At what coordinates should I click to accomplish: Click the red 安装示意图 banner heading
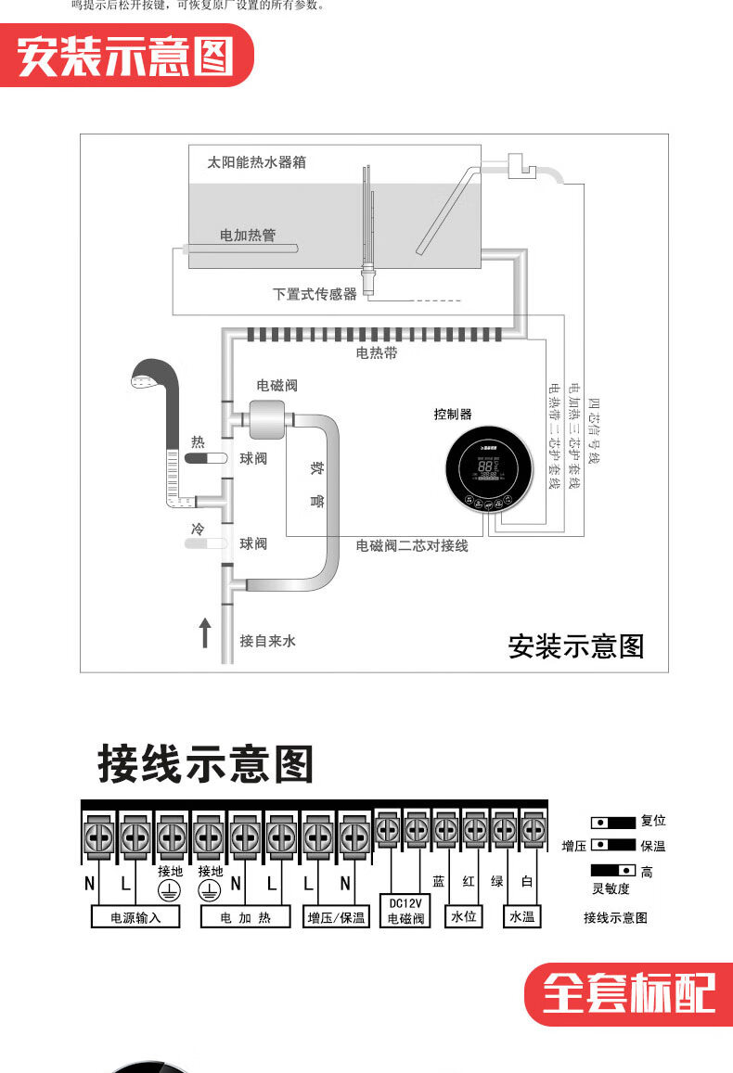point(125,57)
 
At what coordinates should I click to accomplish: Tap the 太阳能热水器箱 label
point(256,162)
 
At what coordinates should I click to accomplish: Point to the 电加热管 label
point(248,236)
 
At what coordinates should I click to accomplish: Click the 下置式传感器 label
point(315,294)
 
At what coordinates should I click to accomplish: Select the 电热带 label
point(377,353)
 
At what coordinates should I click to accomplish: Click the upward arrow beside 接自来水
point(205,635)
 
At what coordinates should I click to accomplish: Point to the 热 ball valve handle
point(204,458)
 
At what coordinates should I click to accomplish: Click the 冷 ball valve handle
point(204,543)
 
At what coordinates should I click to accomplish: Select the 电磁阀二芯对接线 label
point(412,546)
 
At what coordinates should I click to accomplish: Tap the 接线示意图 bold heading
point(206,765)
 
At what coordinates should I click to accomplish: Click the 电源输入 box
point(135,917)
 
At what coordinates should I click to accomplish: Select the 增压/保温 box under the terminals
point(337,917)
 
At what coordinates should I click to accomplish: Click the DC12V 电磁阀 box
point(405,911)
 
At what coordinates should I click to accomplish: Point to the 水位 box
point(464,917)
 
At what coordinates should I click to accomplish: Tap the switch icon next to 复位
point(613,822)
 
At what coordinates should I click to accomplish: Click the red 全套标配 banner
point(629,994)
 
